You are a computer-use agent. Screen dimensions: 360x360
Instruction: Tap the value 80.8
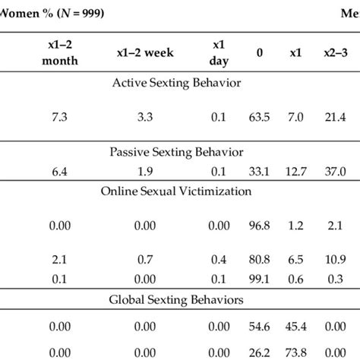coord(261,259)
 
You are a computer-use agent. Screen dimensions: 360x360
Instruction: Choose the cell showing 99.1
coord(261,278)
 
